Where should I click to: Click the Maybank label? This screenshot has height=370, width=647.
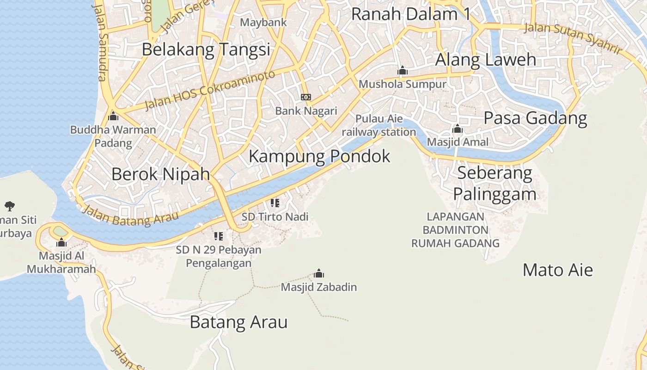coord(263,22)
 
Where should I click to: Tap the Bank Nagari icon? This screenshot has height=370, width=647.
coord(306,97)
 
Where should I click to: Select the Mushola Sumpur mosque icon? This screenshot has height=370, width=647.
coord(403,71)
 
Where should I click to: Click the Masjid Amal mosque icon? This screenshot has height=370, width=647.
coord(458,129)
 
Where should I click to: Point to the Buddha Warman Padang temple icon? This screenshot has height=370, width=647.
coord(113,117)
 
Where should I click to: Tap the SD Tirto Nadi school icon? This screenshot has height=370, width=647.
coord(275,203)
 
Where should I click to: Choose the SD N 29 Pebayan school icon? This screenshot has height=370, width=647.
coord(219,237)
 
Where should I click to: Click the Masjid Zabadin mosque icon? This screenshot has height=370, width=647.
coord(319,274)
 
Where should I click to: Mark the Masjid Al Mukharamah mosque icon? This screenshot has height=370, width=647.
coord(61,243)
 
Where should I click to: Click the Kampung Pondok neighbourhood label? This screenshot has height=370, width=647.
coord(319,156)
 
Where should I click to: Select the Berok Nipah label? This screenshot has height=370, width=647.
coord(160,174)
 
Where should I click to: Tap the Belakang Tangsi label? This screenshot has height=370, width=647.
coord(206,49)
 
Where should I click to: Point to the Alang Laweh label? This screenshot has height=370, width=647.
coord(486,60)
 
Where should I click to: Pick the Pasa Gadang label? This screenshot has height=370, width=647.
coord(535,118)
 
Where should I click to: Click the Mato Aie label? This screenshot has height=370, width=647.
coord(557,270)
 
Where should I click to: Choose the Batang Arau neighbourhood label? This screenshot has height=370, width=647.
coord(238,322)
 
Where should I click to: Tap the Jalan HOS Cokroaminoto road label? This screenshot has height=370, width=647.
coord(210,90)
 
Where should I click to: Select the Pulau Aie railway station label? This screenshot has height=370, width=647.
coord(379,125)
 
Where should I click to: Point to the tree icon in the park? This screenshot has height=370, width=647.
coord(9,206)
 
